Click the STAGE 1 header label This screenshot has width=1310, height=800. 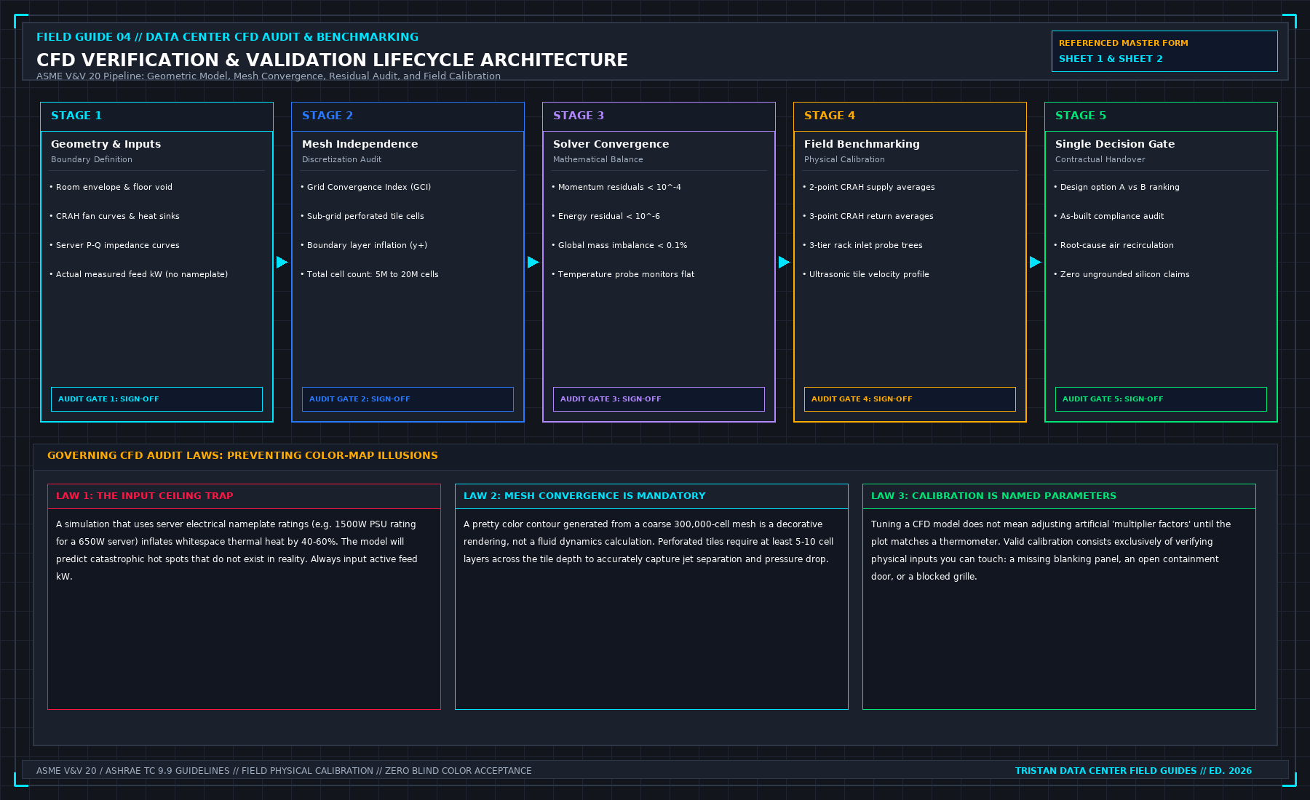76,116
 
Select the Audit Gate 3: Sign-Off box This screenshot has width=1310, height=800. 659,399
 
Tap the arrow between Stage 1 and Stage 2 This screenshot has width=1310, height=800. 282,262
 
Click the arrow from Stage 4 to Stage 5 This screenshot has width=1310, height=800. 1036,262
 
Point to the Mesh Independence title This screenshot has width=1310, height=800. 360,144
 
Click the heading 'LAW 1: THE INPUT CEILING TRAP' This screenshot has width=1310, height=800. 145,496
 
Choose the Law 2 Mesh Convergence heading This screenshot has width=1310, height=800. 584,496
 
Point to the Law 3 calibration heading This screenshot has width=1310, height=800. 993,496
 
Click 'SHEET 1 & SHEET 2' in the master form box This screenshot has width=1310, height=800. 1111,59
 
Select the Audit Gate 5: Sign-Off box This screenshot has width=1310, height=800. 1161,399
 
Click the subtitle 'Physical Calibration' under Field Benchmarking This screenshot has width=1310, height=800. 844,159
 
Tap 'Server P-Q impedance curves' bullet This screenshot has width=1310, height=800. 118,245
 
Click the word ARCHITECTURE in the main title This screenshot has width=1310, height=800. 554,60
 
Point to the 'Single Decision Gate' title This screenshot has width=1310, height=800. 1115,144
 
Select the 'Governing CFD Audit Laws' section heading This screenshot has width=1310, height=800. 242,456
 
